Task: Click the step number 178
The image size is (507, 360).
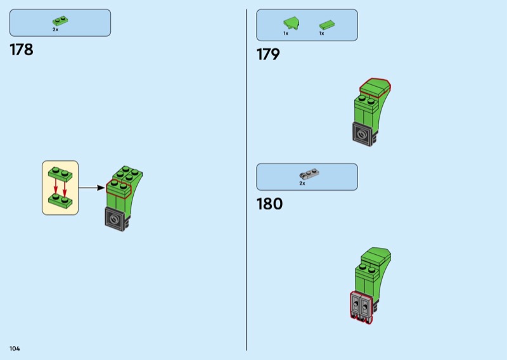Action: [21, 50]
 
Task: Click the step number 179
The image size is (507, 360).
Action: [268, 55]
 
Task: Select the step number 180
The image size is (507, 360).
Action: [269, 204]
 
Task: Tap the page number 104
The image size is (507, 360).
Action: [15, 349]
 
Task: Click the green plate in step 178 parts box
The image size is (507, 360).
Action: [60, 22]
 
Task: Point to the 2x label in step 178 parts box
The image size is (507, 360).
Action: [56, 30]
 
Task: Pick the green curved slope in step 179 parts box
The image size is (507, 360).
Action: [290, 24]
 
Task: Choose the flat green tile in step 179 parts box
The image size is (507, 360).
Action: [326, 25]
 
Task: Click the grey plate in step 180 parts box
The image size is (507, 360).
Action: [308, 174]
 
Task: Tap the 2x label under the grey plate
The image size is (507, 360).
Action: [302, 184]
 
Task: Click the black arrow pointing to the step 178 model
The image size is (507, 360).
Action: [91, 188]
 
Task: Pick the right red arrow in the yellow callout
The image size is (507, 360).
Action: [65, 188]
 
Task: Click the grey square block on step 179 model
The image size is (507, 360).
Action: [363, 134]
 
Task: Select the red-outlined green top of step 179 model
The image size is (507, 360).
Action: [375, 87]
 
